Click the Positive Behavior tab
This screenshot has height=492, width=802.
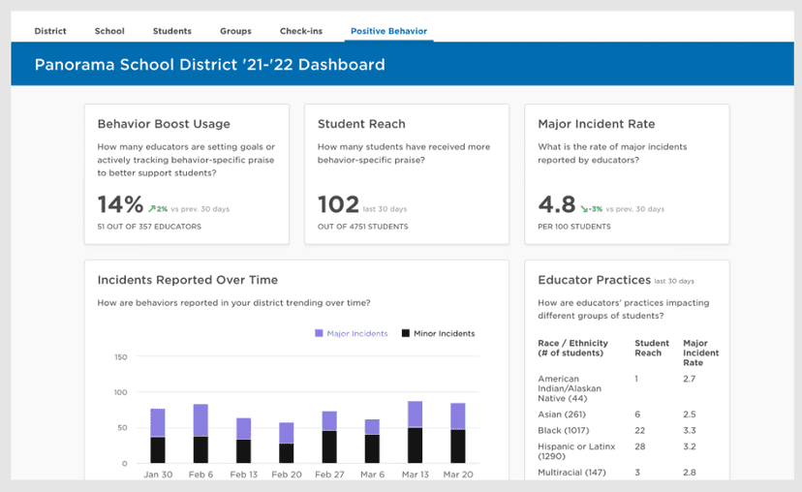pos(387,31)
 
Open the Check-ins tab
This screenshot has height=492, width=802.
pos(301,31)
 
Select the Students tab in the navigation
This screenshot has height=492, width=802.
pos(171,31)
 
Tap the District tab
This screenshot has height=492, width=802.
pos(50,31)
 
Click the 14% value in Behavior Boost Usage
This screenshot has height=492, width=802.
pos(120,204)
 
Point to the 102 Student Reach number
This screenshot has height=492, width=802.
pos(338,204)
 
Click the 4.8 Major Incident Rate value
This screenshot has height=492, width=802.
pos(556,204)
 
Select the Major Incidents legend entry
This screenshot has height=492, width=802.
pos(351,333)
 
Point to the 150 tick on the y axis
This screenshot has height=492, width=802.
pos(120,357)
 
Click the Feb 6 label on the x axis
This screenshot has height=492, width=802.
pos(200,476)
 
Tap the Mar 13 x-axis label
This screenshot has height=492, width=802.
pos(415,476)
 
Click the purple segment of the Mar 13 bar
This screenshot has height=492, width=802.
pos(415,415)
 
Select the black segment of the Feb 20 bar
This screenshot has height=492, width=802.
pos(287,453)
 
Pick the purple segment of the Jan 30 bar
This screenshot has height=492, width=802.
pos(158,422)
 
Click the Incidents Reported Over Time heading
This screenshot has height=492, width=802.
pos(187,280)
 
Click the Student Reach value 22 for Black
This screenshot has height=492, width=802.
pos(640,430)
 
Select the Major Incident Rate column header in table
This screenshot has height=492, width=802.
pos(700,353)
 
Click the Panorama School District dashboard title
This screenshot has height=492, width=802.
pos(209,65)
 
